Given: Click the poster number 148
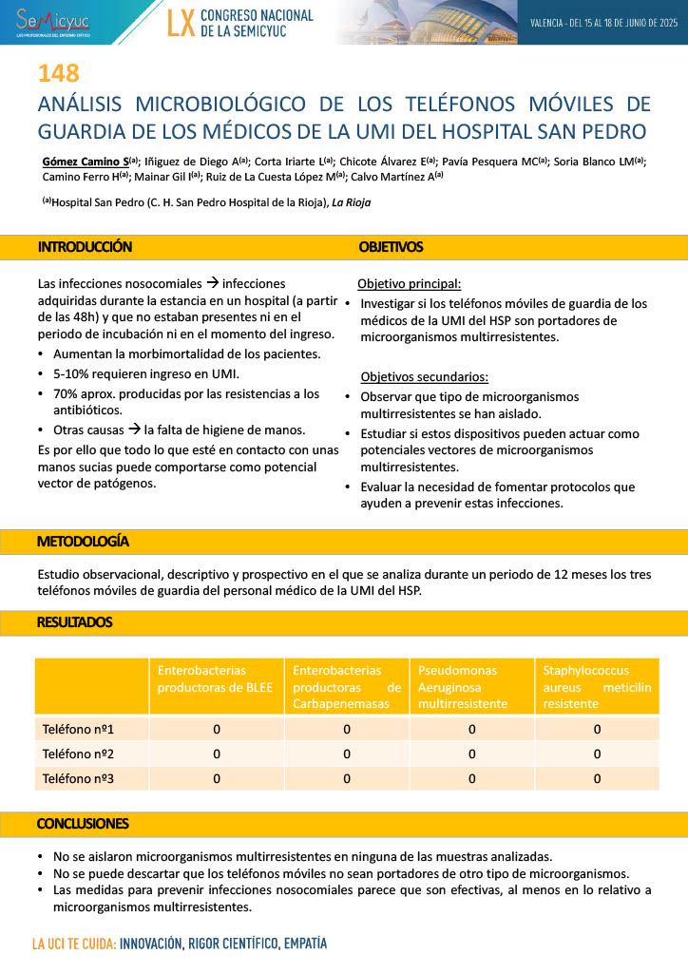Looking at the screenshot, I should pyautogui.click(x=58, y=73).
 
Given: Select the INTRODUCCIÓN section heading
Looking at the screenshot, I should pyautogui.click(x=85, y=247).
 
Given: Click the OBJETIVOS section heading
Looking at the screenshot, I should pyautogui.click(x=391, y=247).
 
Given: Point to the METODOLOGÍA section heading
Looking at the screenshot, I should pyautogui.click(x=83, y=542).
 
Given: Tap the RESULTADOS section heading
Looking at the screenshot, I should pyautogui.click(x=74, y=622).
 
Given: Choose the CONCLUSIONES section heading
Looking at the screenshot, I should pyautogui.click(x=83, y=823).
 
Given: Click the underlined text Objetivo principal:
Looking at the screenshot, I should pyautogui.click(x=410, y=283).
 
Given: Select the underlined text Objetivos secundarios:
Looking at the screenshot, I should pyautogui.click(x=424, y=376).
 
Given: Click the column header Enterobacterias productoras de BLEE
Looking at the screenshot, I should pyautogui.click(x=216, y=678).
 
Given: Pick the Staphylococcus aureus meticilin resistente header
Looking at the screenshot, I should pyautogui.click(x=597, y=686).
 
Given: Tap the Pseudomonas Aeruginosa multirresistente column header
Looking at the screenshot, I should pyautogui.click(x=470, y=686).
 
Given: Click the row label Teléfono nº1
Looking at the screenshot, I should pyautogui.click(x=79, y=729).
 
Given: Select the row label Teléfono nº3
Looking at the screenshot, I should pyautogui.click(x=79, y=778).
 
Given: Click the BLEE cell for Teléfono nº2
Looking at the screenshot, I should pyautogui.click(x=217, y=754).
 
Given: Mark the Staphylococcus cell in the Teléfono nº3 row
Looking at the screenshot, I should pyautogui.click(x=597, y=778).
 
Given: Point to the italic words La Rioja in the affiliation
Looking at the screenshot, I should pyautogui.click(x=351, y=202).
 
